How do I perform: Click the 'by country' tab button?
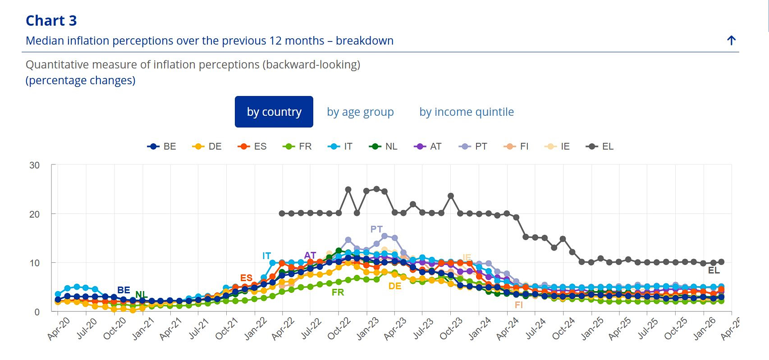click(274, 112)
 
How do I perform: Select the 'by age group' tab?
click(360, 112)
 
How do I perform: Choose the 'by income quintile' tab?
click(467, 112)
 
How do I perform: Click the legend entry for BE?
click(162, 146)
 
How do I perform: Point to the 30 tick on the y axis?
click(35, 165)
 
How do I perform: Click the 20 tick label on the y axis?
click(35, 214)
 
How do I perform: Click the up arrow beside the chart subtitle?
click(731, 41)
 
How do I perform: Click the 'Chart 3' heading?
click(51, 21)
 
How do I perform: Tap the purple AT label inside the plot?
click(310, 255)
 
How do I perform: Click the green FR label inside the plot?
click(338, 292)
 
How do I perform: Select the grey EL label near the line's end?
click(714, 270)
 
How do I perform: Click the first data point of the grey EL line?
click(282, 214)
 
